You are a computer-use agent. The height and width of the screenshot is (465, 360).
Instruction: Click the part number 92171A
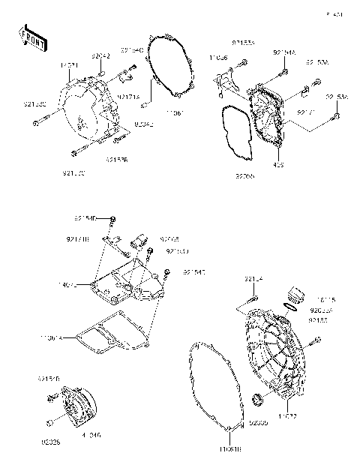[x=127, y=97]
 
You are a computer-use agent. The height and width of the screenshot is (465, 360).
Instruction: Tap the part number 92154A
[x=284, y=53]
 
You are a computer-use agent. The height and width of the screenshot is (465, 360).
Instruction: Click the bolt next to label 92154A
[x=286, y=72]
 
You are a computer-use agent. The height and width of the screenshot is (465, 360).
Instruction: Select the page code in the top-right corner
[x=333, y=14]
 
